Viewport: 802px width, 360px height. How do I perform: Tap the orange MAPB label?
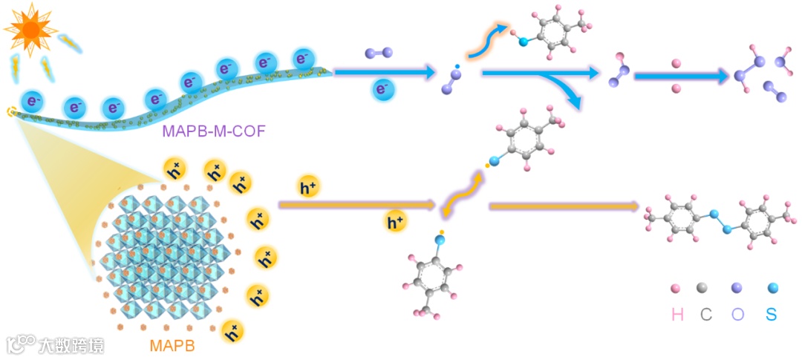[172, 346]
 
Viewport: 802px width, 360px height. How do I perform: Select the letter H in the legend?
[677, 314]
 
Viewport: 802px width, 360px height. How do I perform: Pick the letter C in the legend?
[705, 314]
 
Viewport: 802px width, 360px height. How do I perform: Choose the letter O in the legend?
[737, 314]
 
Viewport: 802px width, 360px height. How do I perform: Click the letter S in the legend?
[771, 314]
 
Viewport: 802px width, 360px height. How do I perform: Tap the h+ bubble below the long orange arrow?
[396, 220]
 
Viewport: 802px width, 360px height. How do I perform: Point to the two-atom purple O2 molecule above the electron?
[379, 53]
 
